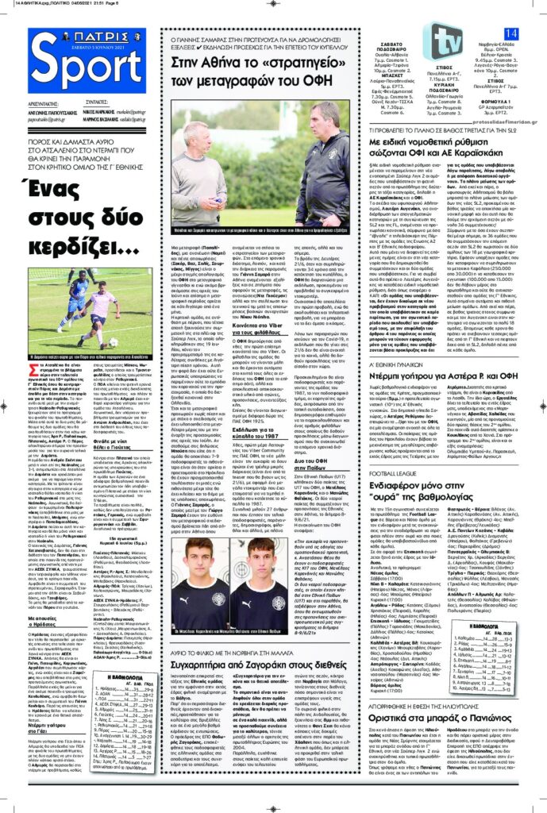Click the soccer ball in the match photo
(112, 343)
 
